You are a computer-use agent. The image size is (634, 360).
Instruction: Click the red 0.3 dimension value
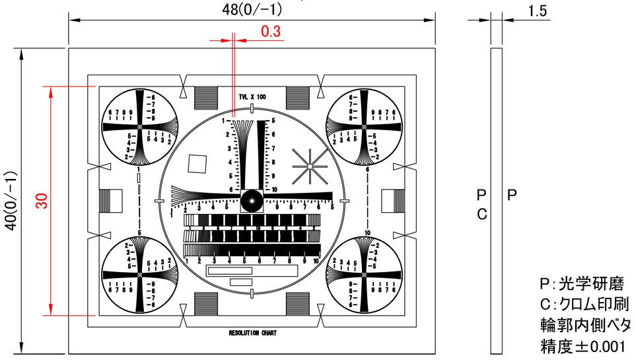(270, 31)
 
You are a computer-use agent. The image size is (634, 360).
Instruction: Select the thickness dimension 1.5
(538, 11)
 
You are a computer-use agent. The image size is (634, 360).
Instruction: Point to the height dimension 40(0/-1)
(10, 201)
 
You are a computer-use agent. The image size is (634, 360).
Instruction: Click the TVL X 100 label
(252, 96)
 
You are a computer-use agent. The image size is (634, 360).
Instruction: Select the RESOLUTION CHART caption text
(252, 333)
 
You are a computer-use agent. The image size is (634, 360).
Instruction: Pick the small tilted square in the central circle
(197, 163)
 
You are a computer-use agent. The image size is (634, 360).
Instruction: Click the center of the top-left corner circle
(139, 127)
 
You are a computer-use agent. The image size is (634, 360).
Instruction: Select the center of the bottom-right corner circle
(363, 275)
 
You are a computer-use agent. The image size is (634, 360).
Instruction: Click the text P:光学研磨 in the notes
(581, 285)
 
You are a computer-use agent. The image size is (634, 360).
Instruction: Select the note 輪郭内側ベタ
(584, 325)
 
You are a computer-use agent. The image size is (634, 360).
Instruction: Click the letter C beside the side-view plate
(481, 214)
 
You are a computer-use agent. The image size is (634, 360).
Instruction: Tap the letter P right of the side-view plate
(512, 196)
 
